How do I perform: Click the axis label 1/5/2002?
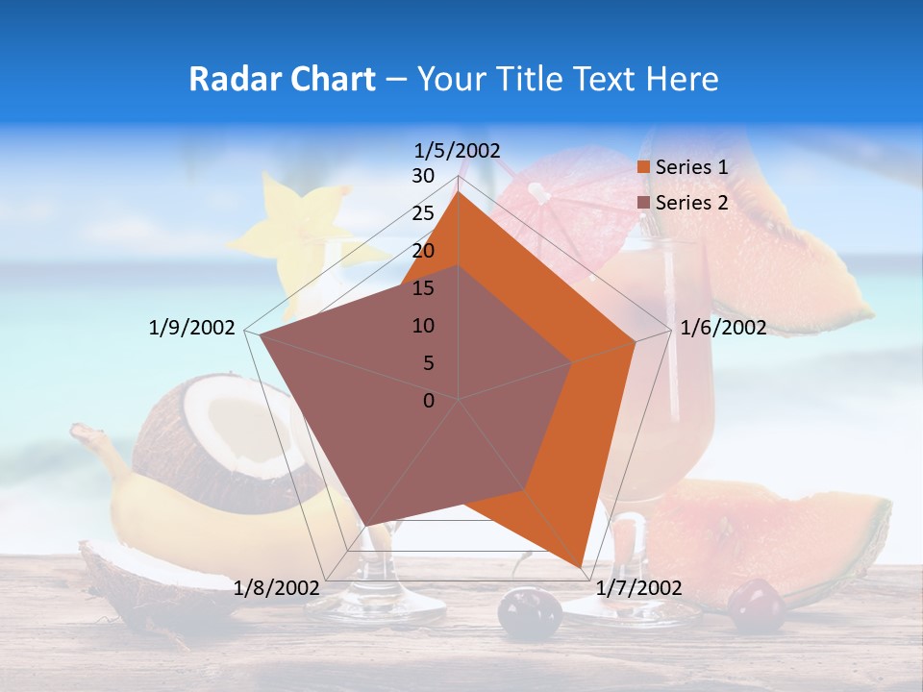[458, 150]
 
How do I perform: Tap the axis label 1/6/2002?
[723, 328]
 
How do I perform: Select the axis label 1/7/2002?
[638, 587]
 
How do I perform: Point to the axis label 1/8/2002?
[277, 587]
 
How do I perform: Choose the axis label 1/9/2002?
[192, 328]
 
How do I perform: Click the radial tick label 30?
[423, 176]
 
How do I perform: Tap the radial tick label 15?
[423, 288]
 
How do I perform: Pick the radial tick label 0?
[429, 401]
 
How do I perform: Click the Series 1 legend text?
[691, 167]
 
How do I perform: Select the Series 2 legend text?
[691, 203]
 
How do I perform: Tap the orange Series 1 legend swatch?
[644, 167]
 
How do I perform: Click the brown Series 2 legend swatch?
[644, 203]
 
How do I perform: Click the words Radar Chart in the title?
[282, 79]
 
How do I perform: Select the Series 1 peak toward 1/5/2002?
[459, 193]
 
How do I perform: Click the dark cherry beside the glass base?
[529, 613]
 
